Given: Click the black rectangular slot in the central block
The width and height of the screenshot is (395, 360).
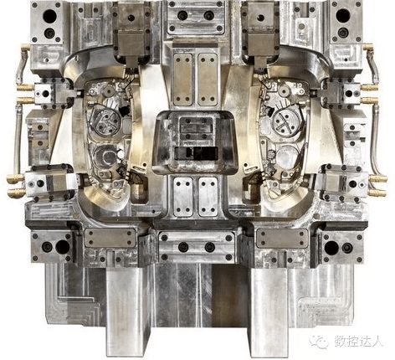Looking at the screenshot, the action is pyautogui.click(x=196, y=153).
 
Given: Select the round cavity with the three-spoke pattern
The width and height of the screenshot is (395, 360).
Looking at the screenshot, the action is pyautogui.click(x=107, y=121).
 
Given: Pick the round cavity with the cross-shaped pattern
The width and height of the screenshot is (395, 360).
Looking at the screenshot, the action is pyautogui.click(x=286, y=122).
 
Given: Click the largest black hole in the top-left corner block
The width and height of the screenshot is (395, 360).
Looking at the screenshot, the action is pyautogui.click(x=49, y=16).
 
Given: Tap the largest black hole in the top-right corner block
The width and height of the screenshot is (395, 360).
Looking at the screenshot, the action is pyautogui.click(x=343, y=16).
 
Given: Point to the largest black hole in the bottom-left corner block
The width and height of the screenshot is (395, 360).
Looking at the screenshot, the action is pyautogui.click(x=63, y=247).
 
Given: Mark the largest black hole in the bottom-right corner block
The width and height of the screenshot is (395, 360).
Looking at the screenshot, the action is pyautogui.click(x=331, y=248).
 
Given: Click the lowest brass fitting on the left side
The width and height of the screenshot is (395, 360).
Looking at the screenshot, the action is pyautogui.click(x=16, y=192).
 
